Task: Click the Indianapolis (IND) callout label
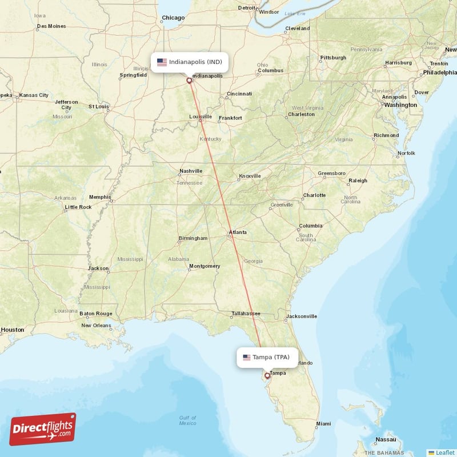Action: [x=190, y=62]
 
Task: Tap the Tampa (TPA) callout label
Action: [x=267, y=358]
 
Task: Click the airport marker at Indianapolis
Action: [x=189, y=81]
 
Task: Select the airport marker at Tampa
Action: [x=267, y=376]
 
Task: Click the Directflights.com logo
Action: [x=43, y=429]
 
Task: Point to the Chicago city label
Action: [x=173, y=18]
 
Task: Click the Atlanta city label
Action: [x=238, y=232]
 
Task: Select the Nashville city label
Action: [x=191, y=171]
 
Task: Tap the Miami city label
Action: [x=323, y=423]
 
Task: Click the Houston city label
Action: [x=13, y=330]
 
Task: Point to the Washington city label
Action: [x=400, y=105]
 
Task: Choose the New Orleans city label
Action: [x=96, y=326]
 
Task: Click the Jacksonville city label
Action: [x=301, y=316]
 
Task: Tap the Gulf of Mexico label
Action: [x=187, y=420]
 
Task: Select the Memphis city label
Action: [x=100, y=197]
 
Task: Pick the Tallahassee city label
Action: [x=246, y=314]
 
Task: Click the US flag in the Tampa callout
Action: [x=247, y=358]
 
